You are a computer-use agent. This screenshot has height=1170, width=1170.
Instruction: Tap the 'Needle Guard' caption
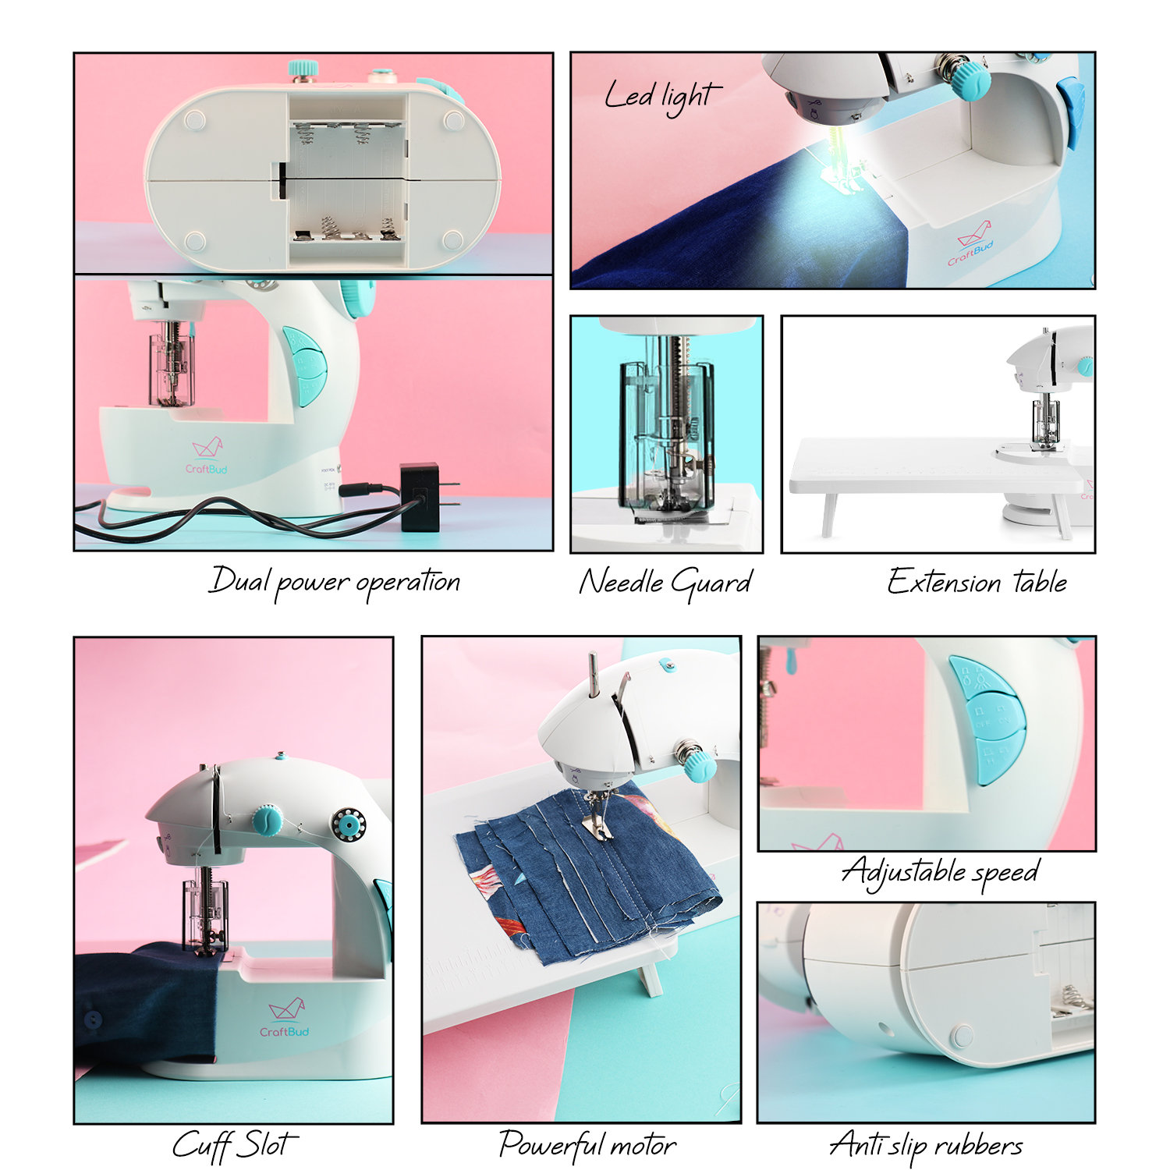coord(665,582)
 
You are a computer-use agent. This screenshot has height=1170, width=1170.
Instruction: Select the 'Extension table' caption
coord(977,582)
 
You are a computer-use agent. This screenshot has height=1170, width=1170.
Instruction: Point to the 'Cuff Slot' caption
coord(234,1144)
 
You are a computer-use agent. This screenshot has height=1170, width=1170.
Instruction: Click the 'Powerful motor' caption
coord(587,1144)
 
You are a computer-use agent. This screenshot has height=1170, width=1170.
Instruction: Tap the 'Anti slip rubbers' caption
coord(926,1144)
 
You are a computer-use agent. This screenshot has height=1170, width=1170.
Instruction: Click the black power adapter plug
coord(420,497)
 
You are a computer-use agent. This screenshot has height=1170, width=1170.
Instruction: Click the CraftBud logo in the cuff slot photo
coord(285,1019)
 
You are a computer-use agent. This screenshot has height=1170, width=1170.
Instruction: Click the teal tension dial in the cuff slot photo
coord(267,820)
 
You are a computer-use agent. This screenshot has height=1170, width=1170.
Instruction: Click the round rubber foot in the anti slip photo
coord(962,1035)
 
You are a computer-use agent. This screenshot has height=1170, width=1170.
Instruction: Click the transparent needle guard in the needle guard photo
coord(667,437)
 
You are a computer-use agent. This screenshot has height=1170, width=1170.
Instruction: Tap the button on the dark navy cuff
coord(92,1019)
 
